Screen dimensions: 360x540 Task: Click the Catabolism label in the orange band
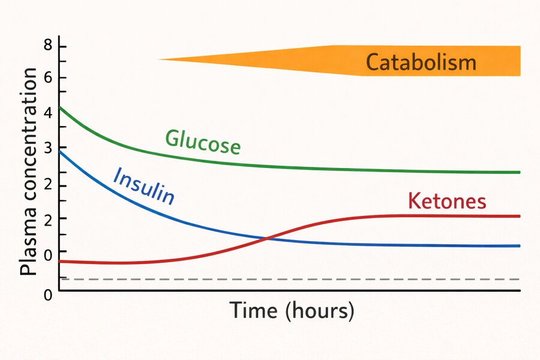tap(421, 62)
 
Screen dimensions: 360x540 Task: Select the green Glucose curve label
tap(203, 142)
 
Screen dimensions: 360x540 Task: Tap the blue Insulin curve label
tap(144, 185)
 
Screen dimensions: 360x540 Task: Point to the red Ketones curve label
tap(447, 202)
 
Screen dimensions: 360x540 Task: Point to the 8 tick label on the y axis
tap(47, 47)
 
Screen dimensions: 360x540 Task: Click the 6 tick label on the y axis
tap(47, 77)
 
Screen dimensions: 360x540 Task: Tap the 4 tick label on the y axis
tap(47, 112)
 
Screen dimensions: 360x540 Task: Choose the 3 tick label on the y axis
tap(47, 148)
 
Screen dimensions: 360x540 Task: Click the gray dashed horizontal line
tap(288, 279)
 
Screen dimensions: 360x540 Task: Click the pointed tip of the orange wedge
tap(159, 59)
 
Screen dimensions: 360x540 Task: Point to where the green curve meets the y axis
tap(59, 107)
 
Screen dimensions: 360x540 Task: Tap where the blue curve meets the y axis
tap(59, 151)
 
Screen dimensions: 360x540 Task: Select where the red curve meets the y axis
tap(59, 261)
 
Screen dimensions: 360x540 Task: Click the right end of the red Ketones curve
tap(519, 216)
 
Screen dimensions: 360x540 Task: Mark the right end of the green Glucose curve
tap(519, 172)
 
